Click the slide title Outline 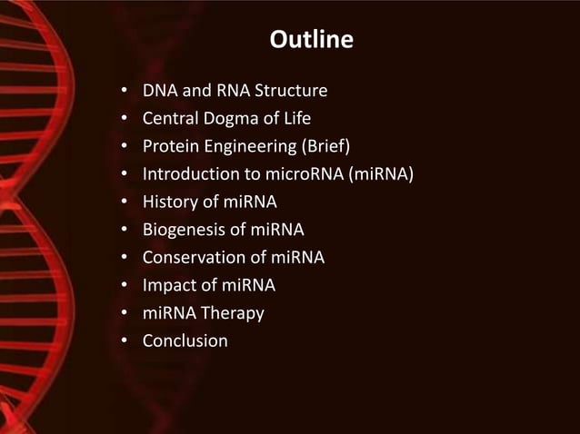pos(312,42)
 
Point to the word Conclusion pos(185,341)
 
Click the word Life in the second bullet pos(295,119)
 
